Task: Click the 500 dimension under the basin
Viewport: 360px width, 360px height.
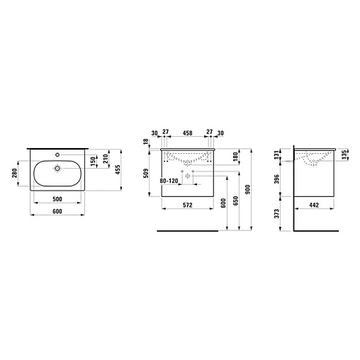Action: click(x=57, y=199)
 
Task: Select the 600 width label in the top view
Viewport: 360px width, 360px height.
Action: click(x=57, y=211)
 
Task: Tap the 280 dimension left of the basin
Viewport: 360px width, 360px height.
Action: click(x=14, y=174)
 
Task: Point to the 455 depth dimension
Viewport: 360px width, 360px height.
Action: click(x=118, y=169)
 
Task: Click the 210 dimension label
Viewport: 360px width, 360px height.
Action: click(x=106, y=159)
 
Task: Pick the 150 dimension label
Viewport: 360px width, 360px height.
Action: click(x=94, y=161)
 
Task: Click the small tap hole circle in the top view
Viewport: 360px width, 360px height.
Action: click(x=57, y=154)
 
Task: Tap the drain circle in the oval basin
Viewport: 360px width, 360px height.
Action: click(x=57, y=169)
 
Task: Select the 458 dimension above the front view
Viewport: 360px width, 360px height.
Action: click(x=188, y=133)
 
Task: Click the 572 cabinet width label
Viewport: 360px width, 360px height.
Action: click(x=188, y=205)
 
